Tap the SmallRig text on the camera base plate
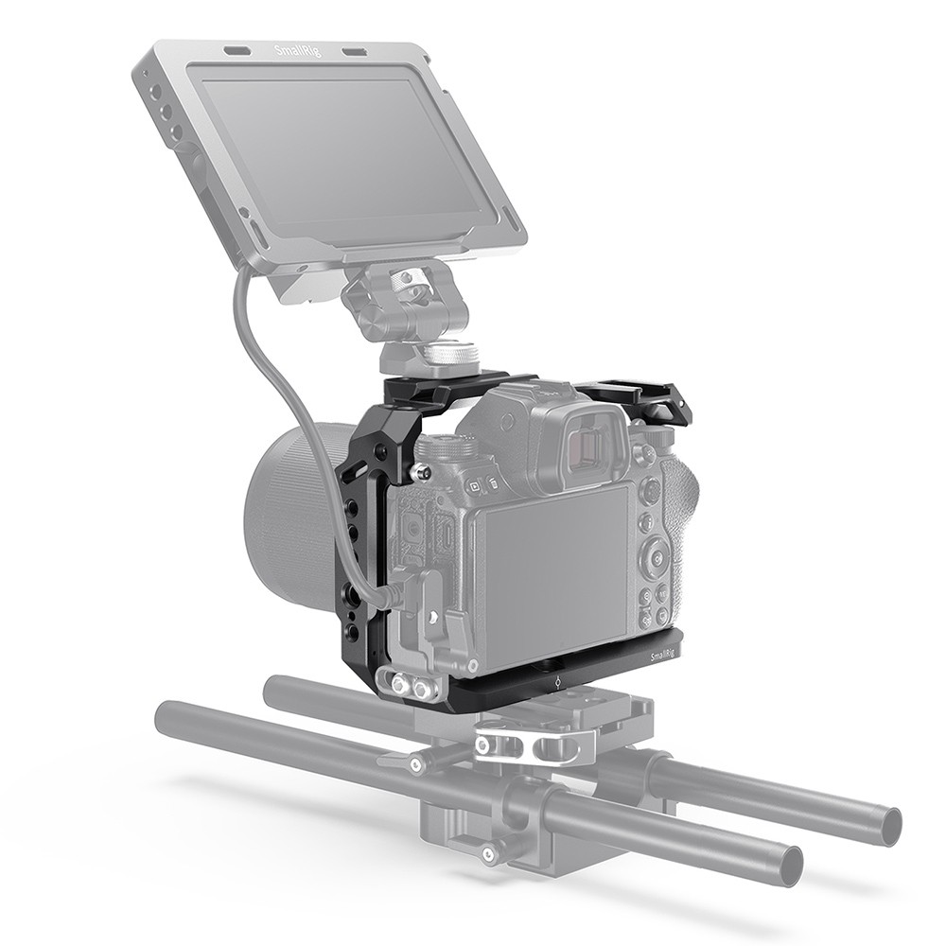point(663,655)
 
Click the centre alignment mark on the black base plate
point(558,679)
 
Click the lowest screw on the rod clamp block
point(489,855)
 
